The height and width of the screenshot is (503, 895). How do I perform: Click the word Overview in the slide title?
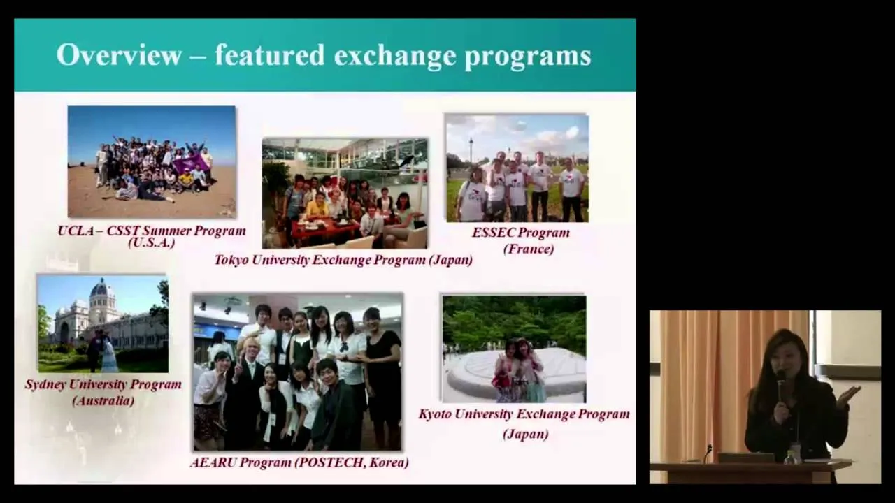[119, 54]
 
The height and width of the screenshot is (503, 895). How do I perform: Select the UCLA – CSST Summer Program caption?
[152, 231]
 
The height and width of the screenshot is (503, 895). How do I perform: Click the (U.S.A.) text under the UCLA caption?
[152, 242]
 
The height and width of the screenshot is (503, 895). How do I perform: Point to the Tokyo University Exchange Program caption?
[343, 260]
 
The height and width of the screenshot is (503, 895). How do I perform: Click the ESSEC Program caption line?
[521, 233]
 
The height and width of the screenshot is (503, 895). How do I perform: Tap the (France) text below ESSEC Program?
[528, 249]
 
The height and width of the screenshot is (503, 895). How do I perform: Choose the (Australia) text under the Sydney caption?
[103, 401]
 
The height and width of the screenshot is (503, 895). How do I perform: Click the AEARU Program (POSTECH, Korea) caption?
[299, 462]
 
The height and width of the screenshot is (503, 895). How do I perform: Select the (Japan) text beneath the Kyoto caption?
[525, 434]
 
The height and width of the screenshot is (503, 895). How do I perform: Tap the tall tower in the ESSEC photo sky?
[471, 150]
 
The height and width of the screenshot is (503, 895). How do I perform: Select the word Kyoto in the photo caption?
[434, 414]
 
